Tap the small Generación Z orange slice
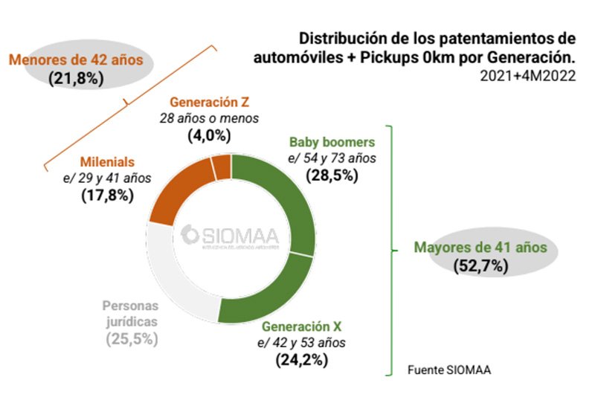pyautogui.click(x=222, y=167)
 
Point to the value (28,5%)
pyautogui.click(x=332, y=175)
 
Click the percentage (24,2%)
pyautogui.click(x=301, y=361)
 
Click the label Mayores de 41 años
pyautogui.click(x=480, y=248)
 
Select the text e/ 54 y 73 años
pyautogui.click(x=332, y=158)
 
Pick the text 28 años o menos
pyautogui.click(x=205, y=117)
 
